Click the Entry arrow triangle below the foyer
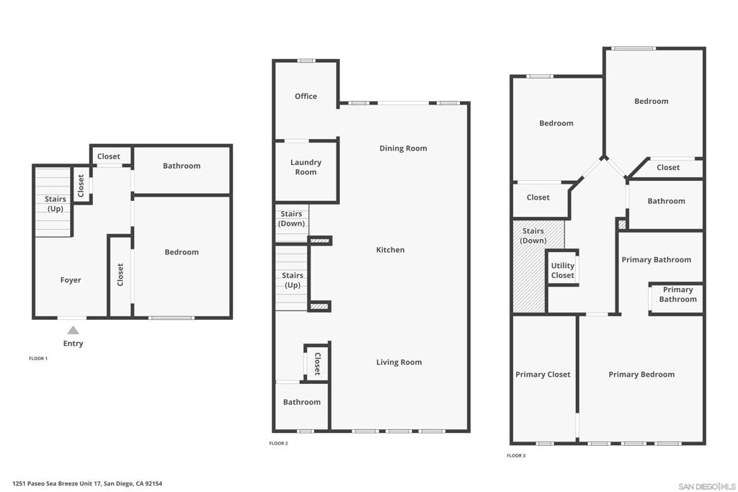[x=73, y=331]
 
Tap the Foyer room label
[x=71, y=280]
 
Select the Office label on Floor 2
[x=306, y=97]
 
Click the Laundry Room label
[x=306, y=167]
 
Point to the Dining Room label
[x=403, y=148]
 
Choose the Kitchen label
[x=390, y=250]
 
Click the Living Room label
[x=399, y=362]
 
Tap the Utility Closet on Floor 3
[x=562, y=270]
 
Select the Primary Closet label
[x=543, y=375]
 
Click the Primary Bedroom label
[x=641, y=375]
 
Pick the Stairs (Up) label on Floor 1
[x=55, y=204]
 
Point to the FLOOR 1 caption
[x=38, y=359]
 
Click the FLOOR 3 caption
[x=516, y=456]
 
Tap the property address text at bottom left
[x=87, y=484]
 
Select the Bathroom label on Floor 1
[x=181, y=166]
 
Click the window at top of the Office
[x=306, y=61]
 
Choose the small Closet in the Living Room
[x=316, y=363]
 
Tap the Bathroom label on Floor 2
[x=301, y=402]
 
